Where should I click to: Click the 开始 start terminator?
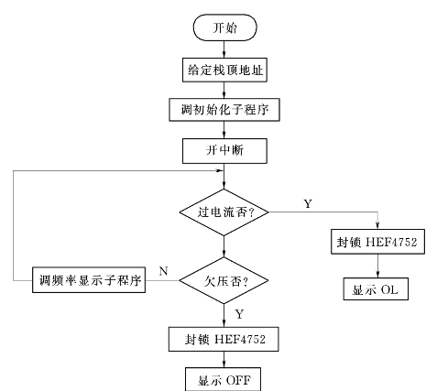pos(224,27)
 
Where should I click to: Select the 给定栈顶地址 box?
pos(224,70)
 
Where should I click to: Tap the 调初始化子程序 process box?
pos(224,110)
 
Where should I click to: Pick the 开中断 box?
pos(224,151)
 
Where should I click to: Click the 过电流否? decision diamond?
pos(224,212)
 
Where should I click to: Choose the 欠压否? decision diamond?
pos(224,280)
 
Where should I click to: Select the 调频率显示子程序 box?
pos(89,280)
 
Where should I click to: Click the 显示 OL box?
pos(376,288)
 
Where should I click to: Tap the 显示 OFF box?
pos(224,379)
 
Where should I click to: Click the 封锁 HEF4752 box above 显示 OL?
pos(377,242)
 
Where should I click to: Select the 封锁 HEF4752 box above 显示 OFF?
pos(224,339)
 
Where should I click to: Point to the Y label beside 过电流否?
pos(308,203)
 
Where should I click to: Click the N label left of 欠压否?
pos(164,271)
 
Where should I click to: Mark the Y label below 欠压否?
pos(239,314)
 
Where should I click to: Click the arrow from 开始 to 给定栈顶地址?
pos(224,49)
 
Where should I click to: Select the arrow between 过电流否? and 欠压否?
pos(224,246)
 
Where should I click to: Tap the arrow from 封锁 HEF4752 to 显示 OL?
pos(377,266)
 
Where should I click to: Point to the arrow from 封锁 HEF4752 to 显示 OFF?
pos(224,359)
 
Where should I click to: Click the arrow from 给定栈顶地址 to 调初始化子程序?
pos(224,90)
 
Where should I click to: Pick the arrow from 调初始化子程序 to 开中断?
pos(224,130)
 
